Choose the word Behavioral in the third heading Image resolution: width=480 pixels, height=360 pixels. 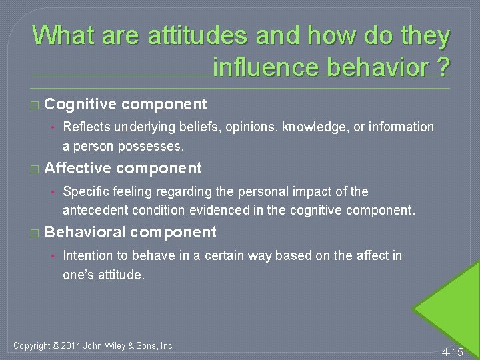(85, 232)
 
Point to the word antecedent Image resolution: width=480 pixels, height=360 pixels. (91, 210)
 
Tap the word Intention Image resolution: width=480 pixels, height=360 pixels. (86, 255)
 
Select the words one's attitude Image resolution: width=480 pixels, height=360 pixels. (103, 274)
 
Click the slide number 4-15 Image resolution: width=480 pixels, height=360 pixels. (453, 351)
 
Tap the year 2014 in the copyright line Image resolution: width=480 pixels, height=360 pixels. (71, 345)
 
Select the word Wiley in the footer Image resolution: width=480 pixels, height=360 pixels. (123, 345)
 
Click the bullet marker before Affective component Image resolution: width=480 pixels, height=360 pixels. (35, 169)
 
